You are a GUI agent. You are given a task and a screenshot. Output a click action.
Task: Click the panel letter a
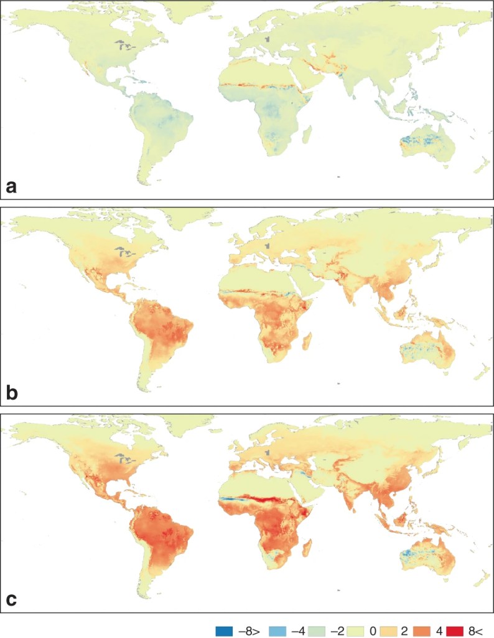pyautogui.click(x=11, y=186)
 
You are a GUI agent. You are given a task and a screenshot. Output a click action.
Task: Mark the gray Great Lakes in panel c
pyautogui.click(x=125, y=460)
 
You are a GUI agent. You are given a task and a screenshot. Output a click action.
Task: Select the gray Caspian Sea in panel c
pyautogui.click(x=268, y=454)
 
